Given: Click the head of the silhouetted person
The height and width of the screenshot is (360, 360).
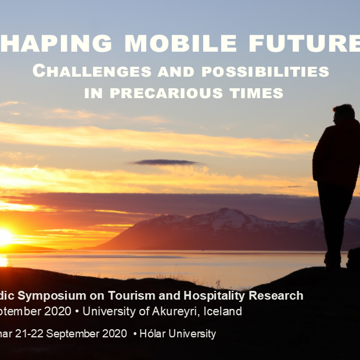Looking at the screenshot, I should tap(344, 113).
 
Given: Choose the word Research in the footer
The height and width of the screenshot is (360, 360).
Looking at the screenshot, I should tap(277, 296).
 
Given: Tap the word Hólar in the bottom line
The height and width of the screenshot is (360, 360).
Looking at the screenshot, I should tap(154, 334).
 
